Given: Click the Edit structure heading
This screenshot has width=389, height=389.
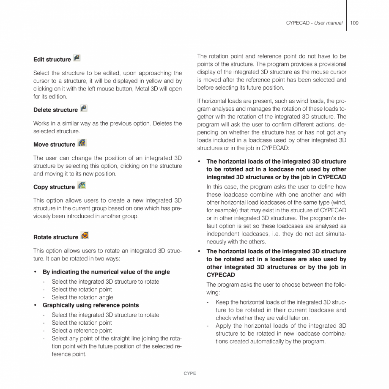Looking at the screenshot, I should tap(52, 60).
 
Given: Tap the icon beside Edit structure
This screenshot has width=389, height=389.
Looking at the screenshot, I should tap(77, 58).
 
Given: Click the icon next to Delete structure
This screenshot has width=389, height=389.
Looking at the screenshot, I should tap(83, 108).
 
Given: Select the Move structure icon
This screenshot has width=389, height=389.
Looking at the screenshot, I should tap(82, 143).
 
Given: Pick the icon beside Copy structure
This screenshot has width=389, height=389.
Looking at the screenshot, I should tap(82, 186).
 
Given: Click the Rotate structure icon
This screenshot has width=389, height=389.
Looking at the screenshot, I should tap(85, 236).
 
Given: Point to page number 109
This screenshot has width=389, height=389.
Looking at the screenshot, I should tap(354, 23).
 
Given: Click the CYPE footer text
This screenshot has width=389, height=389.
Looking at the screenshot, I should tap(190, 373).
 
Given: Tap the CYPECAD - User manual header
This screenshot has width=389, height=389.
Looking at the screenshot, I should tap(314, 23).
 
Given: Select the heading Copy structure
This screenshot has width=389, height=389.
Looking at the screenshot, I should tap(54, 187).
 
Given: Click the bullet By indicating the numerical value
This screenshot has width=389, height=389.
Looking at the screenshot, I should tap(106, 272).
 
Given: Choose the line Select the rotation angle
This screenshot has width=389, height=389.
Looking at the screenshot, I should tap(82, 297).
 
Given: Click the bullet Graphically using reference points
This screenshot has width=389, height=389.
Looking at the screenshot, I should tap(90, 305).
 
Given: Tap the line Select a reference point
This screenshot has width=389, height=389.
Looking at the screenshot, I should tap(82, 331).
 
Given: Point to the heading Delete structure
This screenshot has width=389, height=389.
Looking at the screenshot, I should tap(55, 110).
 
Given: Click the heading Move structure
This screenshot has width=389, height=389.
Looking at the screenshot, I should tap(54, 145).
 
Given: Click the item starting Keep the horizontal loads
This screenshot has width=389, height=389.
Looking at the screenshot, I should tap(281, 310).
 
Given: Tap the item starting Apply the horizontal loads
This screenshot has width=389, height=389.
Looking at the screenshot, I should tap(281, 334).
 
